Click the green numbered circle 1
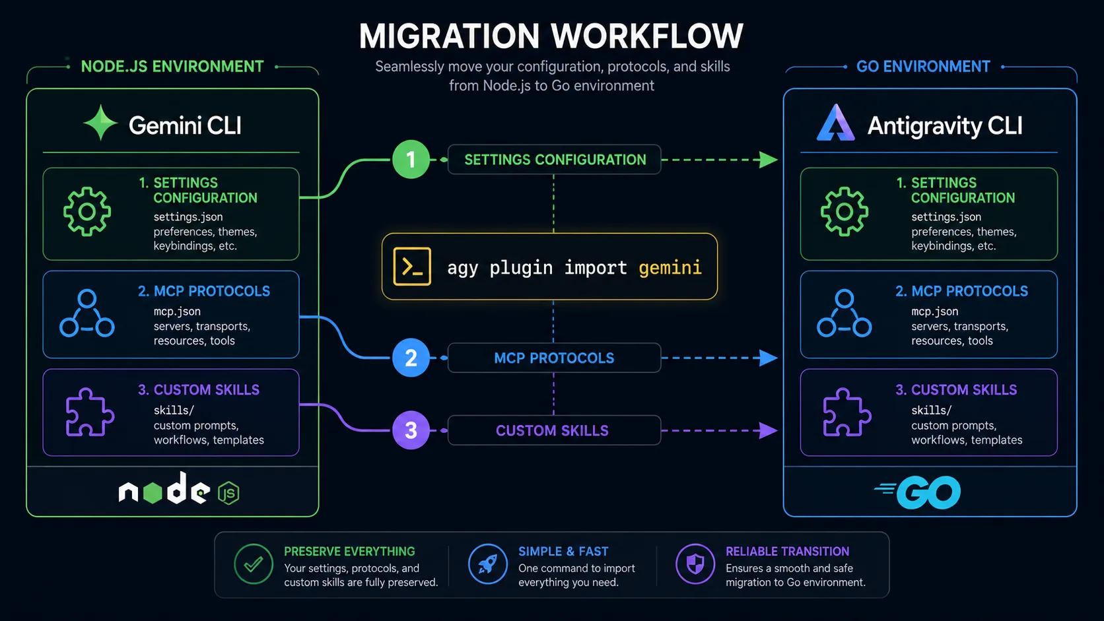(411, 160)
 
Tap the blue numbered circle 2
(411, 358)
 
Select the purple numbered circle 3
(411, 430)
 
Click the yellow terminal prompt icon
(412, 267)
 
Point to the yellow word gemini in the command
(670, 268)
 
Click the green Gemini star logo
(100, 123)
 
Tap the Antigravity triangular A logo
(836, 123)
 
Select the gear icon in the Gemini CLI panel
(86, 212)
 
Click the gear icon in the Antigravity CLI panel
(845, 212)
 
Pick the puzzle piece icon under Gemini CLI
(89, 412)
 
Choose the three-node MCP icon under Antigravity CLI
(845, 313)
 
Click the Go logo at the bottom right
(918, 492)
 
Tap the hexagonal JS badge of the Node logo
(228, 493)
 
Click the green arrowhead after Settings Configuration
(769, 160)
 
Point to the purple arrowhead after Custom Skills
(769, 430)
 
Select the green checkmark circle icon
(254, 564)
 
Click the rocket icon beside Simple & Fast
(487, 564)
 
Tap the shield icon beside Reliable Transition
(695, 564)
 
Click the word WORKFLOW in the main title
(646, 36)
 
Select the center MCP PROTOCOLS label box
(554, 358)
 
